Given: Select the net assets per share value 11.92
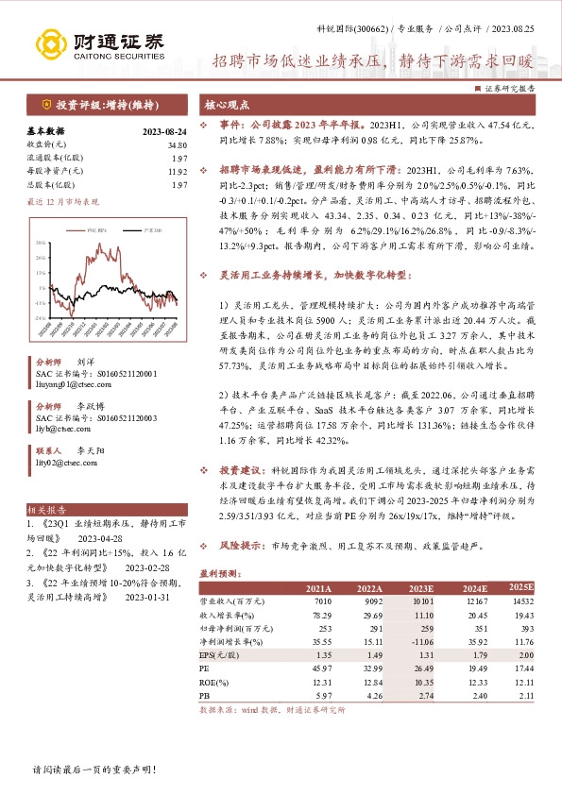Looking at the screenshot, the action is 177,172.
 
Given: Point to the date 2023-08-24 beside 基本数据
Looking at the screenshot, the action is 165,130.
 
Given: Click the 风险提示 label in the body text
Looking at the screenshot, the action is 241,546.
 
